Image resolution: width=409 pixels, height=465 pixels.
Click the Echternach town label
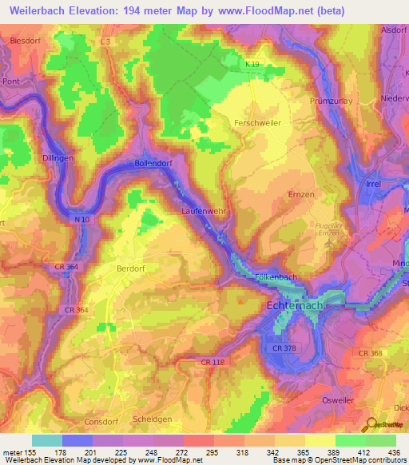(292, 307)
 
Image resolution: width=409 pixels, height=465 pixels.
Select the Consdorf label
(101, 421)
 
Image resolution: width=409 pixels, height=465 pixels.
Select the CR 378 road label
(284, 348)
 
